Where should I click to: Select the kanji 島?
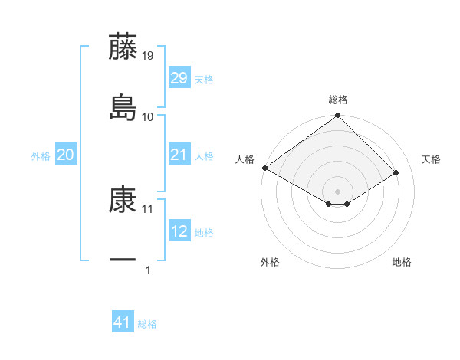tap(123, 107)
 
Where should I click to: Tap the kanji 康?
tap(123, 200)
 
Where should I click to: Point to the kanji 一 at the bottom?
tap(123, 260)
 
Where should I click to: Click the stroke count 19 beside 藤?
tap(148, 55)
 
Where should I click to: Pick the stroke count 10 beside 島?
tap(148, 116)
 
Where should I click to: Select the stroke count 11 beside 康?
tap(148, 208)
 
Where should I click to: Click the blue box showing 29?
tap(179, 78)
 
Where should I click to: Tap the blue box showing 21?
tap(179, 155)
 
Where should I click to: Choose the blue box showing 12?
tap(179, 231)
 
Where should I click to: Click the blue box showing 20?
tap(66, 155)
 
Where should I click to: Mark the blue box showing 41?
tap(123, 323)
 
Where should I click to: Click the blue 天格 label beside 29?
tap(204, 80)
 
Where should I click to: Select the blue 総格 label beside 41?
tap(147, 325)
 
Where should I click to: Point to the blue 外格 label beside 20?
tap(41, 156)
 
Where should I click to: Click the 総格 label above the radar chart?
tap(338, 100)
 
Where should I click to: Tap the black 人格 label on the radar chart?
tap(245, 159)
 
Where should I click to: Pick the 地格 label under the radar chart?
tap(402, 262)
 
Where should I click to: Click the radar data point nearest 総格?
tap(337, 116)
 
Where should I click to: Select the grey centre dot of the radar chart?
tap(337, 190)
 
